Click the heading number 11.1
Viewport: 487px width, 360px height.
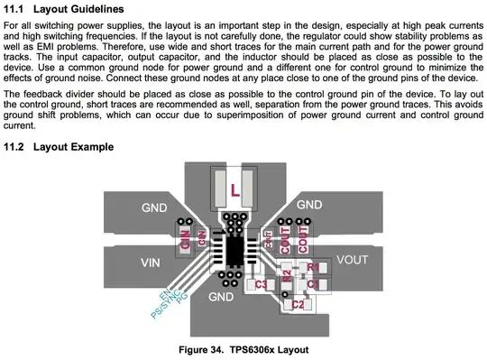(x=14, y=9)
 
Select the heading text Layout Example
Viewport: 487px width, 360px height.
(x=74, y=146)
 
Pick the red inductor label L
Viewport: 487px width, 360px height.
(x=235, y=190)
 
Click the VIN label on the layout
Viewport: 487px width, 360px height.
(x=151, y=263)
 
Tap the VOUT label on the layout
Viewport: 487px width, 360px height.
(x=353, y=260)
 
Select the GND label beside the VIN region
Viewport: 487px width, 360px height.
(x=154, y=208)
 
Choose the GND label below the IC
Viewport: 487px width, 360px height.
(x=221, y=297)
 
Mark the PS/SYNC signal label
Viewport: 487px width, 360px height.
(x=165, y=304)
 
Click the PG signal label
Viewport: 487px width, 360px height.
(x=182, y=298)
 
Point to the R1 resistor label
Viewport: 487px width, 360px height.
(x=313, y=267)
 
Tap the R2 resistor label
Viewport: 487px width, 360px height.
(x=288, y=275)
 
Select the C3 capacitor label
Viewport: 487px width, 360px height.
(x=261, y=284)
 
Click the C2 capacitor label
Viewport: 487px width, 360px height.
(x=298, y=304)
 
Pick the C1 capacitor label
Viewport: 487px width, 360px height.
(x=313, y=284)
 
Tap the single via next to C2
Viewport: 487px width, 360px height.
(x=284, y=294)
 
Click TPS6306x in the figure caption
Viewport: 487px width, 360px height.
(x=252, y=350)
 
